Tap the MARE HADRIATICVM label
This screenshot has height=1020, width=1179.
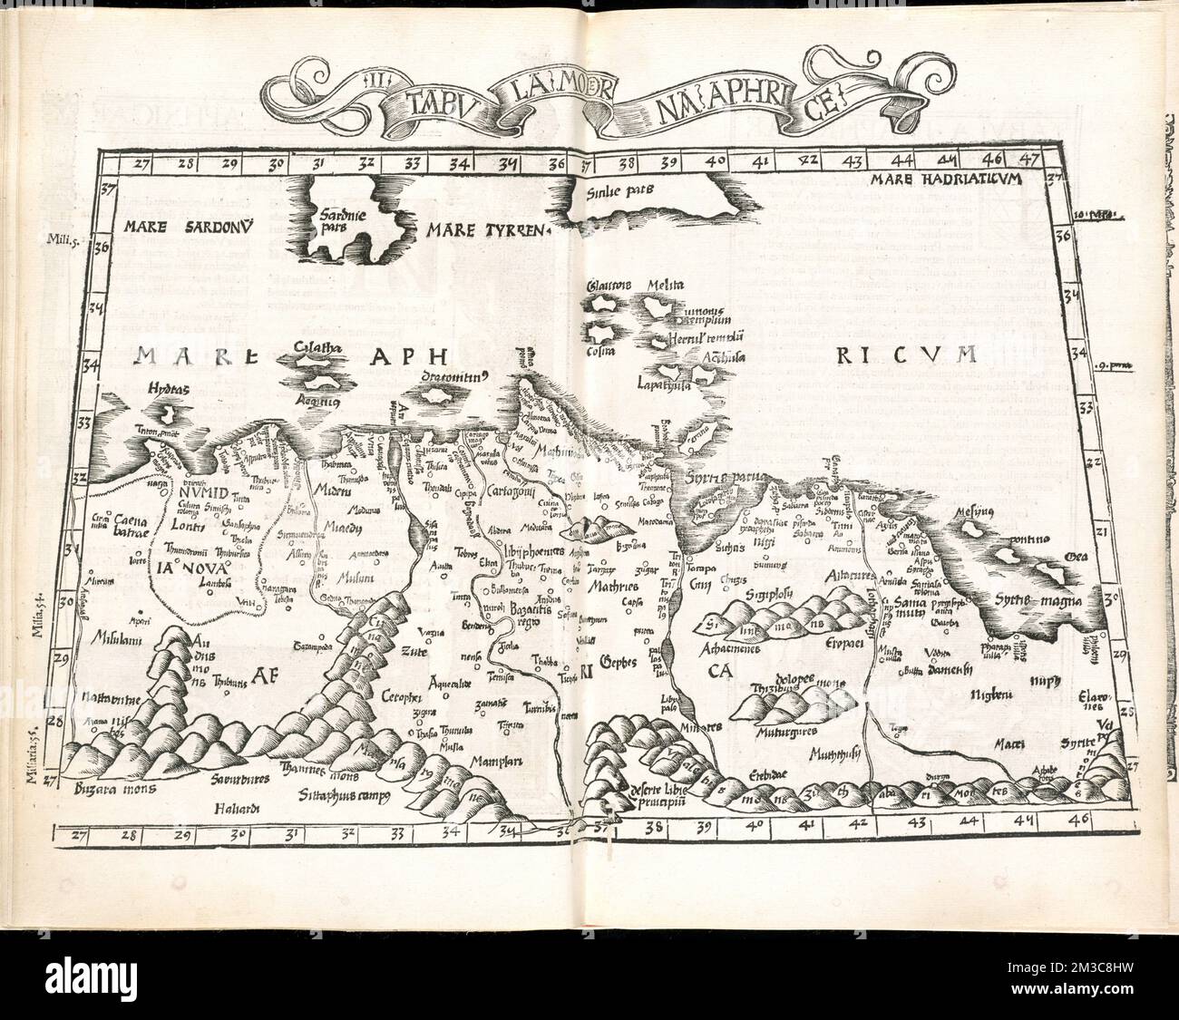click(x=944, y=179)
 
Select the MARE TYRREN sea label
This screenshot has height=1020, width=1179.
click(x=490, y=230)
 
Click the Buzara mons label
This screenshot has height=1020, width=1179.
click(x=116, y=789)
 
